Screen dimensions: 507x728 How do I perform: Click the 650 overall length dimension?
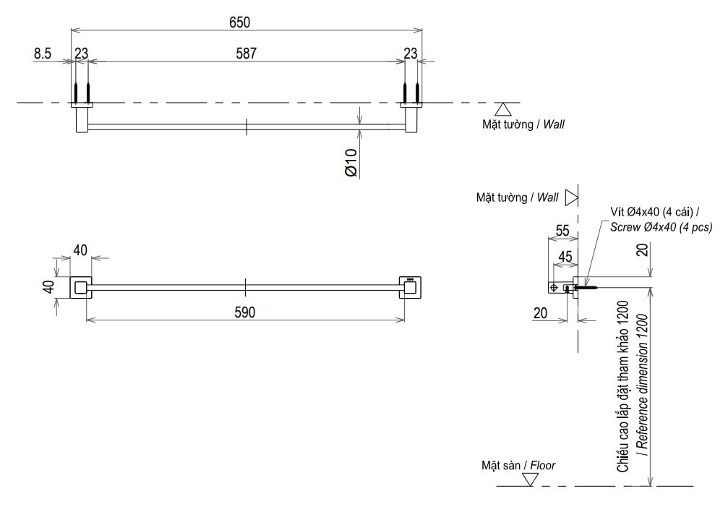pyautogui.click(x=239, y=22)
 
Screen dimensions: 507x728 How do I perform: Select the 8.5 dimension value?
pyautogui.click(x=42, y=53)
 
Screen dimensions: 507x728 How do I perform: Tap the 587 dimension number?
pyautogui.click(x=245, y=53)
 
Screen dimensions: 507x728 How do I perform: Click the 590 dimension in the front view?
pyautogui.click(x=245, y=312)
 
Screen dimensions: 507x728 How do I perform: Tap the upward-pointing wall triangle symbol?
pyautogui.click(x=504, y=109)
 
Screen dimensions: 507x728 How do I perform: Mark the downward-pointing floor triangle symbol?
pyautogui.click(x=531, y=480)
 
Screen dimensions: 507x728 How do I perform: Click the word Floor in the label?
pyautogui.click(x=542, y=466)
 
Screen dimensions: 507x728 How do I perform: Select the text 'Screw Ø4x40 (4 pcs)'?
pyautogui.click(x=661, y=226)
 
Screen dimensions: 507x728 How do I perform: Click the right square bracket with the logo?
pyautogui.click(x=411, y=287)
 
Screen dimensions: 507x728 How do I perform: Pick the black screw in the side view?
pyautogui.click(x=588, y=287)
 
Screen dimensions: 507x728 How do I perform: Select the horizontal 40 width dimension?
pyautogui.click(x=80, y=250)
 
